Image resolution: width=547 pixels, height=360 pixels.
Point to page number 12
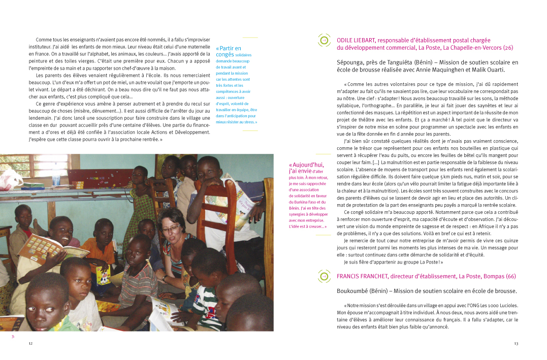(x=30, y=344)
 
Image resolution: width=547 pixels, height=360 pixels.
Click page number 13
(x=516, y=344)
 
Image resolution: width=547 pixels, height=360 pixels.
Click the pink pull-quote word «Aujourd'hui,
(x=306, y=165)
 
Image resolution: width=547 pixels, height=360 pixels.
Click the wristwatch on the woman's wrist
(x=165, y=278)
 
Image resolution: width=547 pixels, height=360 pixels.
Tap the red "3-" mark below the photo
(x=13, y=336)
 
